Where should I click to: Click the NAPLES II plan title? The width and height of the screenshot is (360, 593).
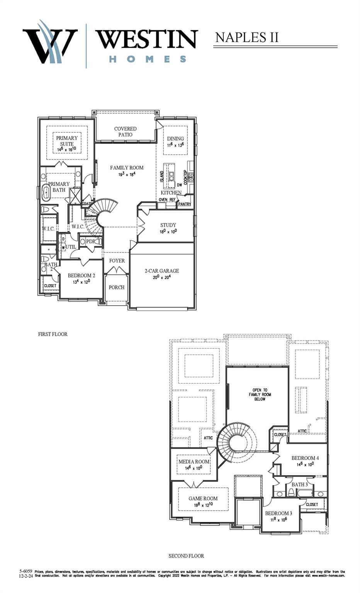click(x=246, y=37)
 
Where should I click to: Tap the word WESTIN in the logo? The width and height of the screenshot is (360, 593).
click(x=147, y=39)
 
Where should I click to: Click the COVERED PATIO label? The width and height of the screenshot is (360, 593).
click(x=125, y=132)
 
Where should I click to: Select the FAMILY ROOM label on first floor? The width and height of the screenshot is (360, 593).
click(x=126, y=168)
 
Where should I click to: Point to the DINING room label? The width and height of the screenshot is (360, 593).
click(x=175, y=139)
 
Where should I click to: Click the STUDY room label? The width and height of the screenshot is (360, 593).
click(x=168, y=225)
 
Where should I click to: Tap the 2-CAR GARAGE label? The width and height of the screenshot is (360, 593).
click(x=162, y=271)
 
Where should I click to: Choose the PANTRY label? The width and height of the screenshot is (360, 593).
click(x=185, y=204)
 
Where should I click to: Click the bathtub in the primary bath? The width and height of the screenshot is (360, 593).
click(x=46, y=192)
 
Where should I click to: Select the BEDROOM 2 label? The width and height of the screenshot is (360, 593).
click(x=81, y=276)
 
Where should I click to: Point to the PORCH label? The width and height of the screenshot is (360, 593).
click(x=117, y=287)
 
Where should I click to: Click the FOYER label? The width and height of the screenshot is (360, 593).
click(x=117, y=261)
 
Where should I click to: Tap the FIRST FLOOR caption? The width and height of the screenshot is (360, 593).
click(x=53, y=334)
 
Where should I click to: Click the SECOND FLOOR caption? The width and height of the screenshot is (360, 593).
click(x=186, y=556)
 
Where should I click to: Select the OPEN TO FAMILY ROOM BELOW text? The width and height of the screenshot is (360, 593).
click(x=260, y=395)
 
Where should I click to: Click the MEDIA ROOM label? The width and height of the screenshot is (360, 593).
click(x=194, y=462)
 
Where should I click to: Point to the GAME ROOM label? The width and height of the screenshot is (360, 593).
click(x=203, y=498)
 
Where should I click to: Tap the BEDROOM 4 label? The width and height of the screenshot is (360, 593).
click(x=305, y=458)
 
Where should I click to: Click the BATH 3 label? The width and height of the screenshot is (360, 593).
click(x=299, y=485)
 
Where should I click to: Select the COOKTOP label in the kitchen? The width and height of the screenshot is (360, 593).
click(x=186, y=177)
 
